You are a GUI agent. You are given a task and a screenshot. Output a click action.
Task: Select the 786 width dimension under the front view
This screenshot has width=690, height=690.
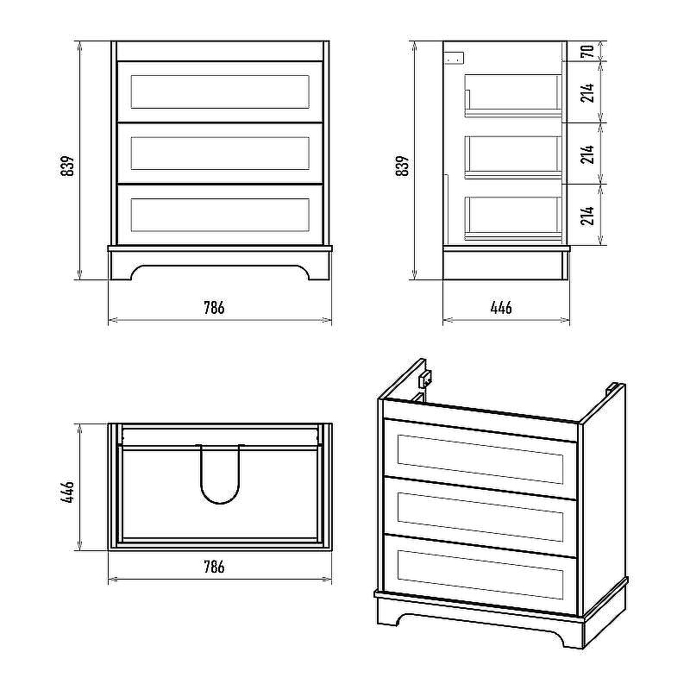tap(214, 308)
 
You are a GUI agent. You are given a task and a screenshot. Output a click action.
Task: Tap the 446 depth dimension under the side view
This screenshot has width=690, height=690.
tap(501, 308)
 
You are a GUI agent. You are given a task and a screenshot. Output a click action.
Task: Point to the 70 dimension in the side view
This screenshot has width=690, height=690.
tap(587, 50)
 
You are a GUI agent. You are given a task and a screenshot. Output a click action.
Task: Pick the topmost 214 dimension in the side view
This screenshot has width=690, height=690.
tap(587, 91)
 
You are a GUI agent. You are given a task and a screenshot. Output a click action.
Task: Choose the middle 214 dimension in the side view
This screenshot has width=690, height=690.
tap(587, 154)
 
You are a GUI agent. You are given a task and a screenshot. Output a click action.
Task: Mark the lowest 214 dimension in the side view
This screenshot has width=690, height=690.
tap(587, 215)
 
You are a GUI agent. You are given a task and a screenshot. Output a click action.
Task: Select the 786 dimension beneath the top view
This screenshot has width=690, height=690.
tap(214, 567)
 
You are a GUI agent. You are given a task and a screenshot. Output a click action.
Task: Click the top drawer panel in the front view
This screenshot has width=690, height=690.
tap(220, 91)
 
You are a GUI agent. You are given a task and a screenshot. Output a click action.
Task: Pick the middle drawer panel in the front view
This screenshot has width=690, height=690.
tap(220, 153)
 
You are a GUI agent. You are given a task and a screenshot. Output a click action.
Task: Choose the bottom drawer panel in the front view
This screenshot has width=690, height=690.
tap(220, 215)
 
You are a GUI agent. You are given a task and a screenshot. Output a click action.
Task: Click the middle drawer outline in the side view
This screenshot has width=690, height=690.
tap(513, 156)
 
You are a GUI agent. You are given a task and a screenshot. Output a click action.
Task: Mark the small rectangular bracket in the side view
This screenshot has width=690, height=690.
tap(455, 59)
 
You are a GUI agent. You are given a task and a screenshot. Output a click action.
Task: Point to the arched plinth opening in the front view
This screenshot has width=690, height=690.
tap(220, 272)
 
